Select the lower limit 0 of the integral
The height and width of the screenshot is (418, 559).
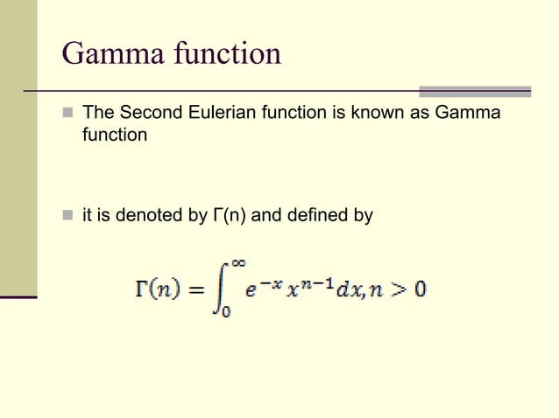coord(225,312)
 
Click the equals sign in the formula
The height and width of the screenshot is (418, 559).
coord(194,289)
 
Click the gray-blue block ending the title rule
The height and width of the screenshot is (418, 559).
coord(475,91)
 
